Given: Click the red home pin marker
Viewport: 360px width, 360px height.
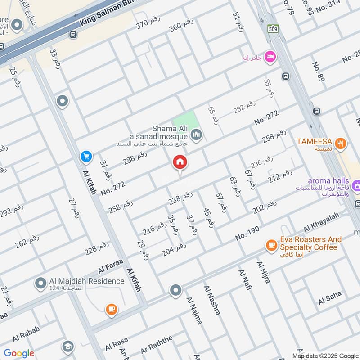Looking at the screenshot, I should (180, 163).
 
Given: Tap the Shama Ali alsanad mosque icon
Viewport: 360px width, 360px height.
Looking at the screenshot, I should (196, 134).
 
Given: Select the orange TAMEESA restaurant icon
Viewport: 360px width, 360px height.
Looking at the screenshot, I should (342, 144).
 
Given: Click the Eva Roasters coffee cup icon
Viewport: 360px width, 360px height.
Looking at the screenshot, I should (271, 245).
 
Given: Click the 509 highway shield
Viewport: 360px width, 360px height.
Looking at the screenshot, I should (273, 28).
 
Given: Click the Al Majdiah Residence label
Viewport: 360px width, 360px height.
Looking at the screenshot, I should (86, 281).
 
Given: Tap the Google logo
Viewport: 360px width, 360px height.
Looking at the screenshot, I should (19, 353).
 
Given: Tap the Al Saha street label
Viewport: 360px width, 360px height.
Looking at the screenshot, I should (330, 297).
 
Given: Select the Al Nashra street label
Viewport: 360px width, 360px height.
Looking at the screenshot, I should (212, 300).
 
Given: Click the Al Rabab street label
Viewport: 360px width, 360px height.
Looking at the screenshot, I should (26, 335).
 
